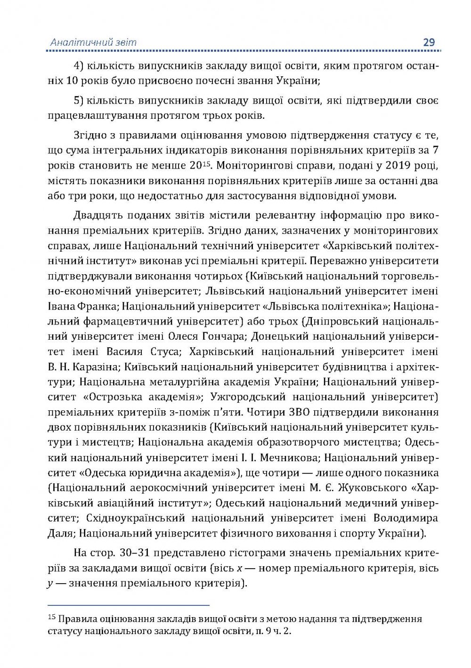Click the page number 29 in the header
click(429, 42)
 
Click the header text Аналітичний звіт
click(93, 42)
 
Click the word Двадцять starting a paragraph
click(99, 216)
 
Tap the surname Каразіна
click(97, 367)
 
